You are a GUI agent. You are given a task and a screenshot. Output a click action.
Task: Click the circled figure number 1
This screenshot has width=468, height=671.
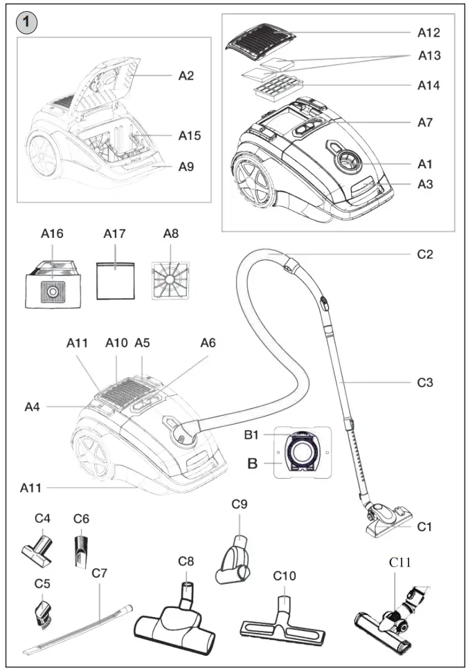point(26,23)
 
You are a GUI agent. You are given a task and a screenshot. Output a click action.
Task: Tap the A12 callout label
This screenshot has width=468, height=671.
point(429,33)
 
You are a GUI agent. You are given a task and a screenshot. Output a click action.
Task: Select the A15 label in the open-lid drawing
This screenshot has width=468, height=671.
point(189,136)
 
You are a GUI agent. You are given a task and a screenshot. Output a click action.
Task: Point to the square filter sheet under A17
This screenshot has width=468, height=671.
point(114,280)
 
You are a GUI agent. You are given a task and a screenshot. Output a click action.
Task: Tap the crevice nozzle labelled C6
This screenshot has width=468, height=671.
point(81,551)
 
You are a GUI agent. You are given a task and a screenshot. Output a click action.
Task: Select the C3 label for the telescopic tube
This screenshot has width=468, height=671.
point(425,382)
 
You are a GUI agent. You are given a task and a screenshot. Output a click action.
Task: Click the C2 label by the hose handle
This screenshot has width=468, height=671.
point(425,254)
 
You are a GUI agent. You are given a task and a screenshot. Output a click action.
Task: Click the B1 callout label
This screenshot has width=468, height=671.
point(251,435)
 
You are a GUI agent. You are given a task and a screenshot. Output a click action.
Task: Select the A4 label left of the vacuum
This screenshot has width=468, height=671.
point(33,407)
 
